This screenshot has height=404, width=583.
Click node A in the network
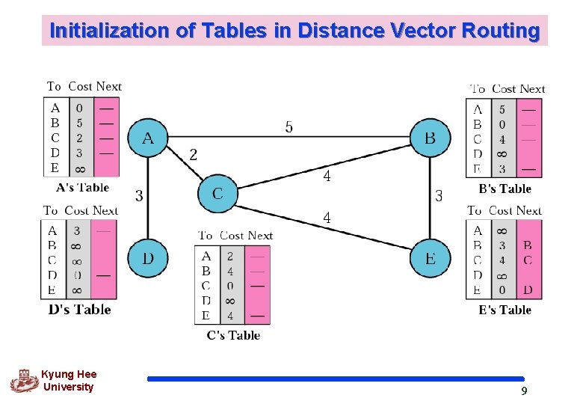point(147,138)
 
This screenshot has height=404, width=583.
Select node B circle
point(430,138)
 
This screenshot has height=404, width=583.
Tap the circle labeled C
point(217,194)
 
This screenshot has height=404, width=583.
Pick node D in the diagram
point(147,259)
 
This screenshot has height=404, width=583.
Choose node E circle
point(430,259)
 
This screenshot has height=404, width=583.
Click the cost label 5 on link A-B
point(289,127)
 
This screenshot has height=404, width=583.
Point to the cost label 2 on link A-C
point(194,155)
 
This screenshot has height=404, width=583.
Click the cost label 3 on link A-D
point(139,196)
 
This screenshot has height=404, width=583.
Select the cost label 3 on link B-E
point(439,196)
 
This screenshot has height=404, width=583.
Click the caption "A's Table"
point(82,188)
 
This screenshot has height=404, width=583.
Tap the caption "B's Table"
point(505,189)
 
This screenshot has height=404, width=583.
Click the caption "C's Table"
point(233,335)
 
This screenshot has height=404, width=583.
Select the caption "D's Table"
point(79,309)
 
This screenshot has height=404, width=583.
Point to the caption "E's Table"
point(505,310)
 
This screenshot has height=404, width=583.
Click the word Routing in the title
point(500,31)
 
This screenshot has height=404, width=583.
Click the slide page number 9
point(524,391)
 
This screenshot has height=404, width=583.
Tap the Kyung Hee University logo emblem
point(24,380)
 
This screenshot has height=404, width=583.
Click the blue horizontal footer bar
point(336,379)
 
